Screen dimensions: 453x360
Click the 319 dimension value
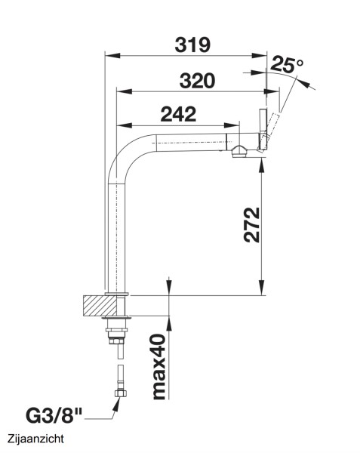[192, 45]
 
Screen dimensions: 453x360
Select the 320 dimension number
[198, 81]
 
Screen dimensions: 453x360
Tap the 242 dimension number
[178, 114]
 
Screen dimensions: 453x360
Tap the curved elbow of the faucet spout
[125, 156]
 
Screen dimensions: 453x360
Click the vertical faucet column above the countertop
[117, 234]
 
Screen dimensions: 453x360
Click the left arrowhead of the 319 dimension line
[108, 55]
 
